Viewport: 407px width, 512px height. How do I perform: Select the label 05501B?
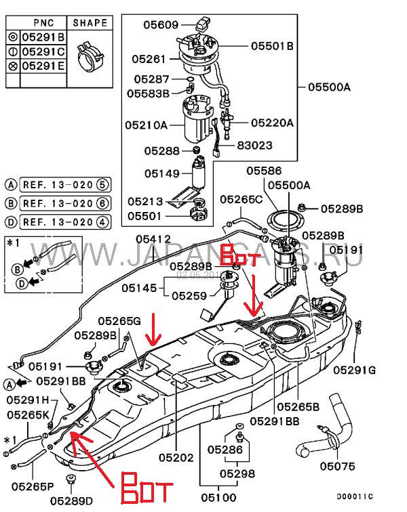tap(271, 46)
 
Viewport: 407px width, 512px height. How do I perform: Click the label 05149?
tap(160, 173)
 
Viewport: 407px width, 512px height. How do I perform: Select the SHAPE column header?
tap(90, 22)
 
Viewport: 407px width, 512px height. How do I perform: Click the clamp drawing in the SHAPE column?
tap(89, 56)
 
